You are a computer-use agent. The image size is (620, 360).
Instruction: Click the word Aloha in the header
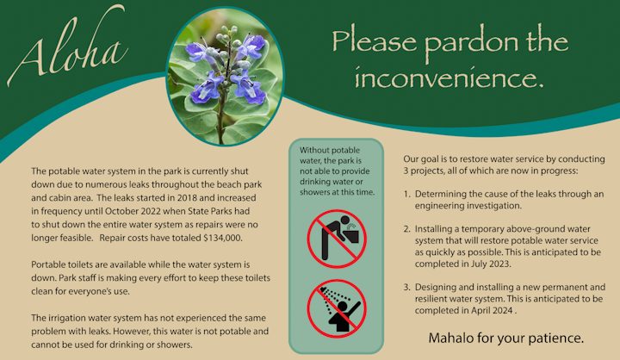click(x=67, y=47)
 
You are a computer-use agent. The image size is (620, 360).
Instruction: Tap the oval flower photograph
click(x=225, y=77)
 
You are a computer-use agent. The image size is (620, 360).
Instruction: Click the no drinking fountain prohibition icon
click(x=338, y=239)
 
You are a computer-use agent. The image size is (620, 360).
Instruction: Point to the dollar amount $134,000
click(x=223, y=238)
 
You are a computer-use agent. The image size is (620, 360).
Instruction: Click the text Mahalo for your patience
click(x=506, y=338)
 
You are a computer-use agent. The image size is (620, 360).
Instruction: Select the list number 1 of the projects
click(x=406, y=195)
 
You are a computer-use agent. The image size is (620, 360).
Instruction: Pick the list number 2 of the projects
click(x=406, y=229)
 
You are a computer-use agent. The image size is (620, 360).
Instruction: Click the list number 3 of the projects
click(x=406, y=287)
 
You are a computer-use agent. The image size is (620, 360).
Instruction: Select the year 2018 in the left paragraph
click(x=189, y=198)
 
